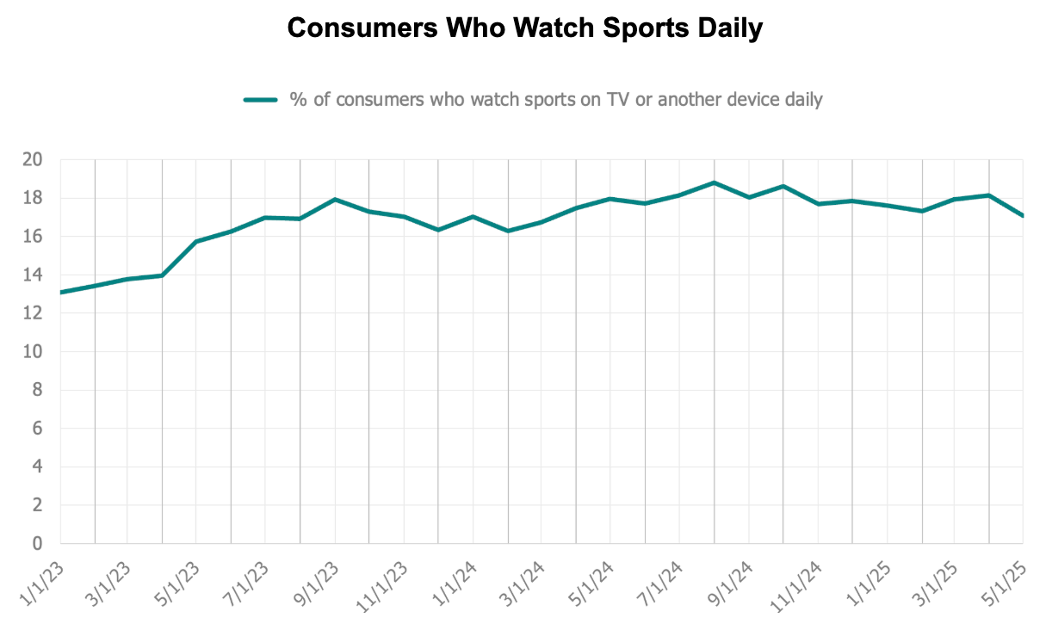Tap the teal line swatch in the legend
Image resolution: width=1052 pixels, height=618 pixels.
click(x=260, y=100)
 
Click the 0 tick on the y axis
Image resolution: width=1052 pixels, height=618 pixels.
click(x=37, y=544)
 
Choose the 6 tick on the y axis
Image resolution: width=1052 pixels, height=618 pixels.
click(x=37, y=429)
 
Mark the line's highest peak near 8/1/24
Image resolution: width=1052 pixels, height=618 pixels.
click(x=714, y=182)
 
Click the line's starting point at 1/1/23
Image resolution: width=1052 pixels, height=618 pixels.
click(x=61, y=293)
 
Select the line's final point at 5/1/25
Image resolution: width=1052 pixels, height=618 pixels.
click(x=1022, y=215)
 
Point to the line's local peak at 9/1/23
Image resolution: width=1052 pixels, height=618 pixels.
click(x=335, y=200)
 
